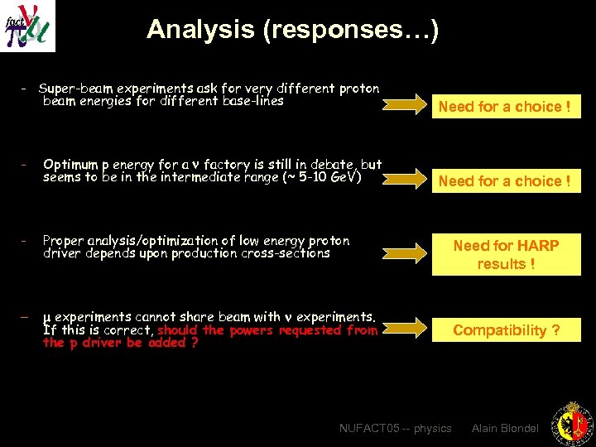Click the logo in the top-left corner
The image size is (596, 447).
coord(27,26)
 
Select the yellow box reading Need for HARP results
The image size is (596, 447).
coord(506,254)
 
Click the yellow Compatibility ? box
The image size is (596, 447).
coord(506,329)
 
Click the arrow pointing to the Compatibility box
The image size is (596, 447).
coord(406,329)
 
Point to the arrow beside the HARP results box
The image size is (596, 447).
coord(406,254)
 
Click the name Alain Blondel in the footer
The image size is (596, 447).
coord(505,428)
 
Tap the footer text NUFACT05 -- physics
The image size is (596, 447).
coord(396,428)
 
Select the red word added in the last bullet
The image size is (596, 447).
coord(166,343)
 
